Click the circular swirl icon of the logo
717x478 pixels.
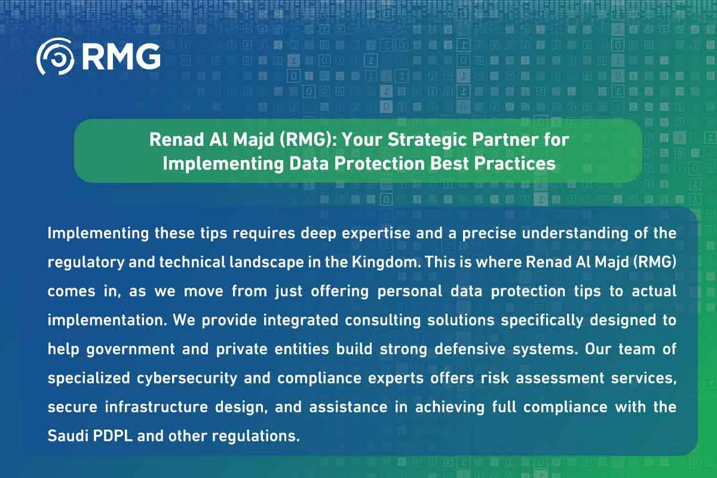(x=55, y=57)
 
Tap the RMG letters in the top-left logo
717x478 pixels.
(x=121, y=57)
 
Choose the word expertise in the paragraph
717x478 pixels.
(x=376, y=234)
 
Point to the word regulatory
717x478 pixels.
(x=86, y=263)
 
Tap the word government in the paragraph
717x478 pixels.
(x=131, y=350)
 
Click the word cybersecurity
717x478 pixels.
(x=187, y=378)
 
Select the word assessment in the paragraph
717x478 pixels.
(x=559, y=378)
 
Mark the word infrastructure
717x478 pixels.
(x=156, y=407)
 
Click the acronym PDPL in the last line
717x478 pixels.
(x=113, y=436)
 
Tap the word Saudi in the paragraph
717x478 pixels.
(x=68, y=436)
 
